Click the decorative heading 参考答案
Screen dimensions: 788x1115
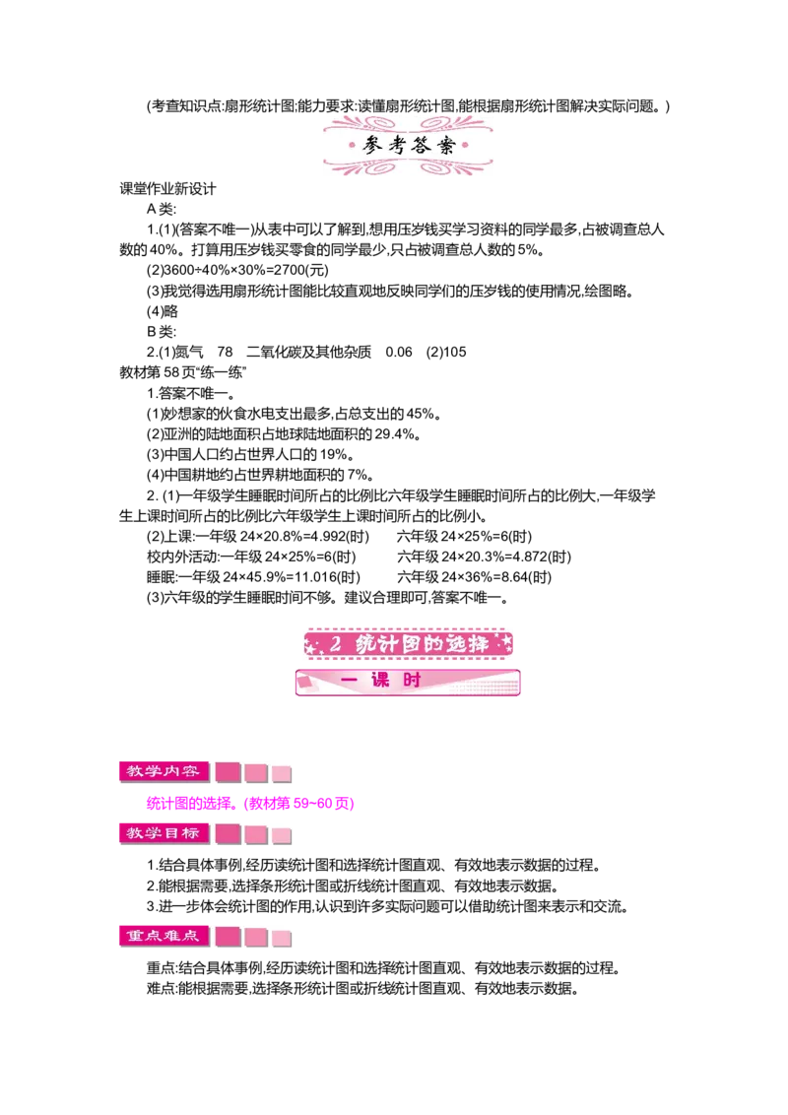pos(408,146)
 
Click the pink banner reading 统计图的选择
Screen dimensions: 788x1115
pos(408,644)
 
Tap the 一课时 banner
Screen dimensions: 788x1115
pos(408,682)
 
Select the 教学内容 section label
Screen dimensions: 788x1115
pos(164,771)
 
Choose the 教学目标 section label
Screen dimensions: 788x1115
pos(164,833)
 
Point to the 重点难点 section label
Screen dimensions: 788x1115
pos(164,936)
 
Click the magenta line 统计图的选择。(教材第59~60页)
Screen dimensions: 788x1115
pos(250,804)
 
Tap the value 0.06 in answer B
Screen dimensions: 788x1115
pos(398,352)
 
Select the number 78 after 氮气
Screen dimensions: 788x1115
pos(225,352)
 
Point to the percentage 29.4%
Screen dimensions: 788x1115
pos(394,433)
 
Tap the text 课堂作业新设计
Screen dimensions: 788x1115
pos(167,189)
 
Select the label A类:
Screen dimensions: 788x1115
pos(162,209)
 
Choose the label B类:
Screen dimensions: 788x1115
pos(162,331)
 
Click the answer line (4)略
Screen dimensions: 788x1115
pos(163,311)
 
